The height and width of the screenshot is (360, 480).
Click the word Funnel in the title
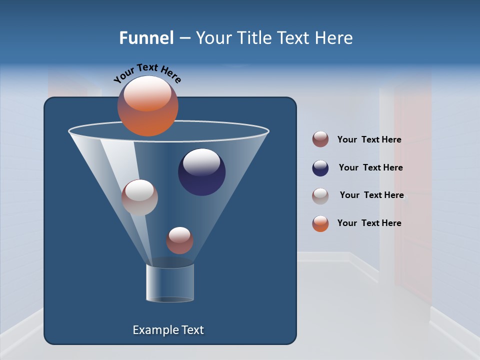coord(146,38)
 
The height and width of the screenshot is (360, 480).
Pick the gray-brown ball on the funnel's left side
coord(139,198)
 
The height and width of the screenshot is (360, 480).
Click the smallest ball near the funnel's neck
coord(179,240)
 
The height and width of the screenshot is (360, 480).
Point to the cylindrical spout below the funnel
coord(170,283)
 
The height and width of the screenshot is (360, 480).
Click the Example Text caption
coord(168,330)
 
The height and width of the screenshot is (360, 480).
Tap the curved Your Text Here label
coord(147,73)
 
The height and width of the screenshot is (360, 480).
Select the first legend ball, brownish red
coord(320,139)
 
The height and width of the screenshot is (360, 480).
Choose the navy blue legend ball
coord(320,168)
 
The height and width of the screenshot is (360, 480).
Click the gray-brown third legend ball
coord(320,196)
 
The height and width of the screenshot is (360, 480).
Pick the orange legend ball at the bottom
coord(320,223)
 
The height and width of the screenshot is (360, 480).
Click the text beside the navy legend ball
coord(370,168)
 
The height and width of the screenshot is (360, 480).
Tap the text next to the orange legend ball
coord(369,223)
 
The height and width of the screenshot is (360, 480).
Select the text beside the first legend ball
coord(369,140)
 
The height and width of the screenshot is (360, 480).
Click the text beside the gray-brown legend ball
coord(371,195)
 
